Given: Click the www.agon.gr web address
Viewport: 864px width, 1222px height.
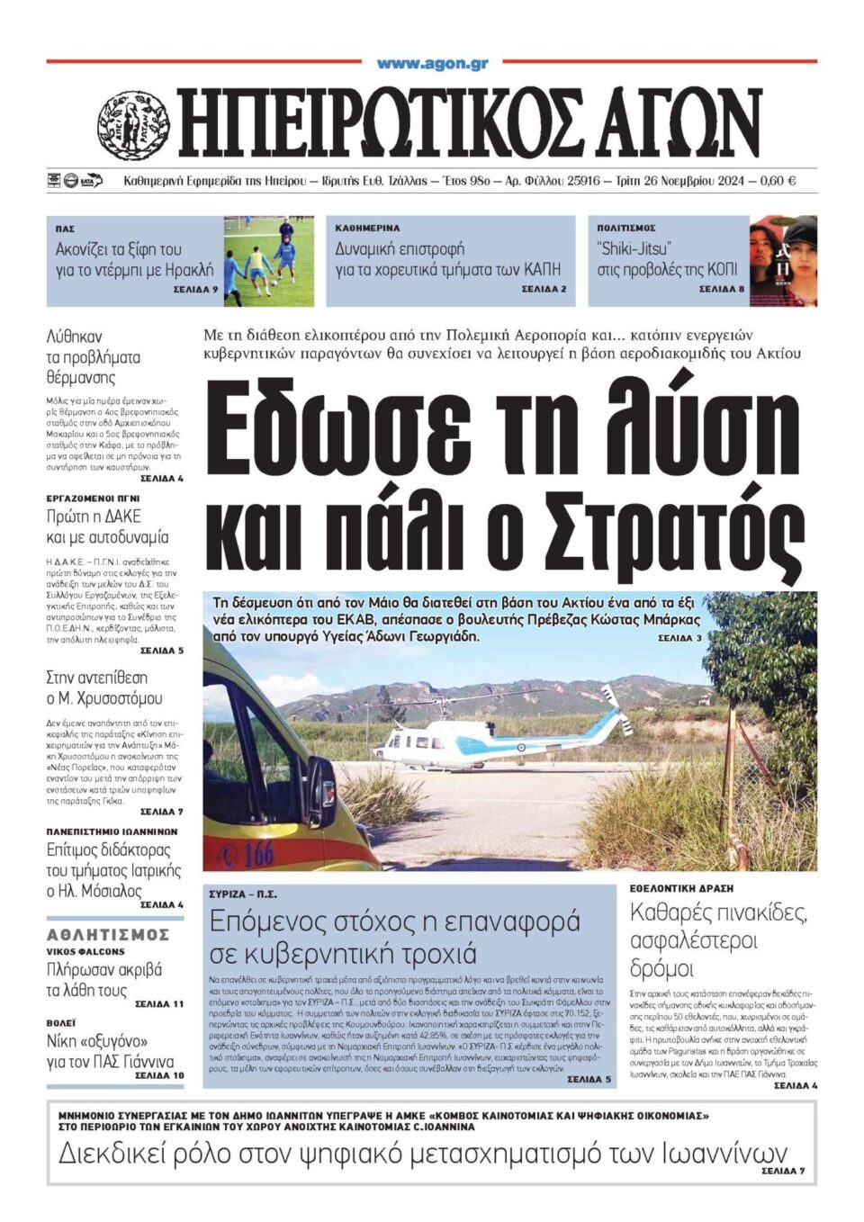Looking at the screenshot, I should click(432, 63).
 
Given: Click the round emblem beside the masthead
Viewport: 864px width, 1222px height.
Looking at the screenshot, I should click(133, 125).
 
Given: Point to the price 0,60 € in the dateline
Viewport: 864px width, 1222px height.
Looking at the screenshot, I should click(778, 181).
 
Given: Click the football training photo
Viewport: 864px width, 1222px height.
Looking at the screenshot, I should click(269, 261).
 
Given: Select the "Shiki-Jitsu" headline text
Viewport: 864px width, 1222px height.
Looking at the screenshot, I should click(634, 249).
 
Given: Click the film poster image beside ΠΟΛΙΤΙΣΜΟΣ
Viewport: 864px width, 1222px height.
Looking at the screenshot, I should click(783, 261).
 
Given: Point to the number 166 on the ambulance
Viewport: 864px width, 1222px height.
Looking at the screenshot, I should click(257, 852).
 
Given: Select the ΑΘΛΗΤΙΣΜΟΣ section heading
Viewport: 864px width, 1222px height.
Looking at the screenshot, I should click(108, 935).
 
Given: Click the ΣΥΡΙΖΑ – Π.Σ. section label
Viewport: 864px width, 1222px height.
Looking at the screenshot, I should click(243, 894).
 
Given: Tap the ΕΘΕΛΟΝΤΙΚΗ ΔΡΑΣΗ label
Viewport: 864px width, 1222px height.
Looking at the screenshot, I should click(681, 888).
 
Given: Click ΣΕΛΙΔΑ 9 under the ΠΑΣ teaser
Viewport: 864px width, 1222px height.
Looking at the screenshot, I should click(195, 290).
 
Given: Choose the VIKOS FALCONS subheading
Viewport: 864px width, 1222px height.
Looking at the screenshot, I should click(85, 951).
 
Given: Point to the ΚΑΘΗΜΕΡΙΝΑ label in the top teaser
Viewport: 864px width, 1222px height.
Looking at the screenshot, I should click(367, 229).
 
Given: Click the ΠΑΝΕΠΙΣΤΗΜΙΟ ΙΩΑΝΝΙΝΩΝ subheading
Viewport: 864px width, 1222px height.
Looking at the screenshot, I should click(112, 832).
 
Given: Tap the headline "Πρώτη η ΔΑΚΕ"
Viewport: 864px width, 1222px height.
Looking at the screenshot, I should click(94, 517).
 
